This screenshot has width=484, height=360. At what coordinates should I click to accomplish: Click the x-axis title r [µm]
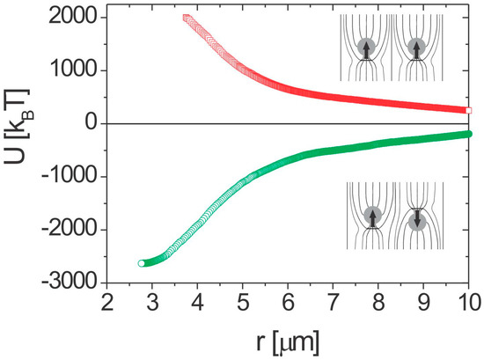(289, 339)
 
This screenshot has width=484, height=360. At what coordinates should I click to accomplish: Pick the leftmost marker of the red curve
(187, 18)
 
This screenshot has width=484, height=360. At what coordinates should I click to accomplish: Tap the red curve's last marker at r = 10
(470, 110)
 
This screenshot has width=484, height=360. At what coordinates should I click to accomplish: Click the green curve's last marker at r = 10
(470, 134)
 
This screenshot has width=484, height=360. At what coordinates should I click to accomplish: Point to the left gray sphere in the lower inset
(372, 215)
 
